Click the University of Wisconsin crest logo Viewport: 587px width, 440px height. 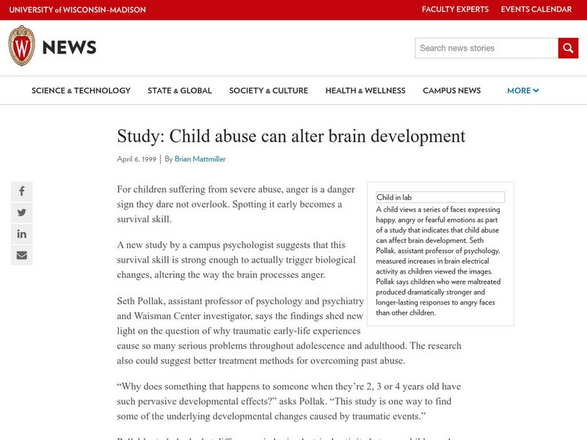pos(21,47)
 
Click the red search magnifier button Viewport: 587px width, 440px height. pos(568,48)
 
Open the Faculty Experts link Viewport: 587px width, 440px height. pos(455,10)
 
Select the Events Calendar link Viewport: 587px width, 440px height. pos(536,10)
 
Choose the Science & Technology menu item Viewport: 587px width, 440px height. pos(81,91)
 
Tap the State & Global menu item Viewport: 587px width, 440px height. pos(180,91)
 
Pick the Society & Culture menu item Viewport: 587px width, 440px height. pos(269,91)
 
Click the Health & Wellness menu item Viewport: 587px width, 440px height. pos(365,91)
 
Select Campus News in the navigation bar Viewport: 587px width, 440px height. pos(452,91)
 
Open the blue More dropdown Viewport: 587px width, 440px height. pos(523,91)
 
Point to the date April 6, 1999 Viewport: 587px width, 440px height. pos(136,158)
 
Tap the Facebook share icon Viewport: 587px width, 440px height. pos(22,191)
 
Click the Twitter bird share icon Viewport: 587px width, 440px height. pos(22,213)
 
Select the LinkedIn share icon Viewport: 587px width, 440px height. pos(22,234)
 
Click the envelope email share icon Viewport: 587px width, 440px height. pos(22,255)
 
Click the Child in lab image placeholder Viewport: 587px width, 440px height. pos(440,197)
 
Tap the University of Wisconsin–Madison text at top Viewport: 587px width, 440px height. pos(77,10)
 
